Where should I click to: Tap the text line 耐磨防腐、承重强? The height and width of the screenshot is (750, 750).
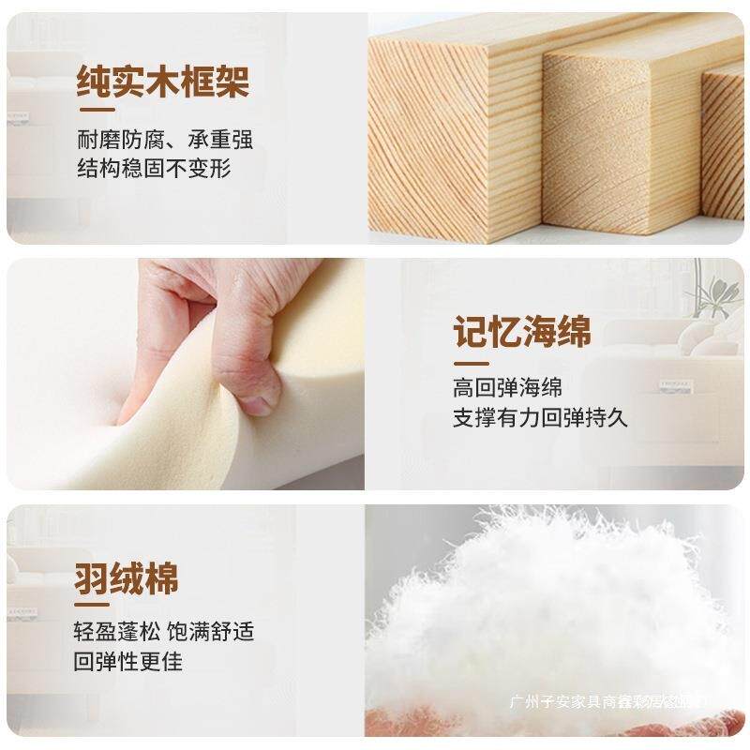165,141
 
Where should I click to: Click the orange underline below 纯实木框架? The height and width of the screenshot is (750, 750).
95,112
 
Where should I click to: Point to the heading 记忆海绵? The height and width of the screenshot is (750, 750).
522,332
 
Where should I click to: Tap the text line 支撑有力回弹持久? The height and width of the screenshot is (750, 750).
540,417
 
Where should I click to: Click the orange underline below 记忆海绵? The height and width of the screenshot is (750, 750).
471,362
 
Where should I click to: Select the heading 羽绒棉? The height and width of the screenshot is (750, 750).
126,577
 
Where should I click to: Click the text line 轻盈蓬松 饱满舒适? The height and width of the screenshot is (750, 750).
165,632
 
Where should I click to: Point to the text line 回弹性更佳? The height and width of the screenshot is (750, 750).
128,661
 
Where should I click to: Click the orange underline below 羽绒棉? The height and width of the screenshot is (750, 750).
94,607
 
